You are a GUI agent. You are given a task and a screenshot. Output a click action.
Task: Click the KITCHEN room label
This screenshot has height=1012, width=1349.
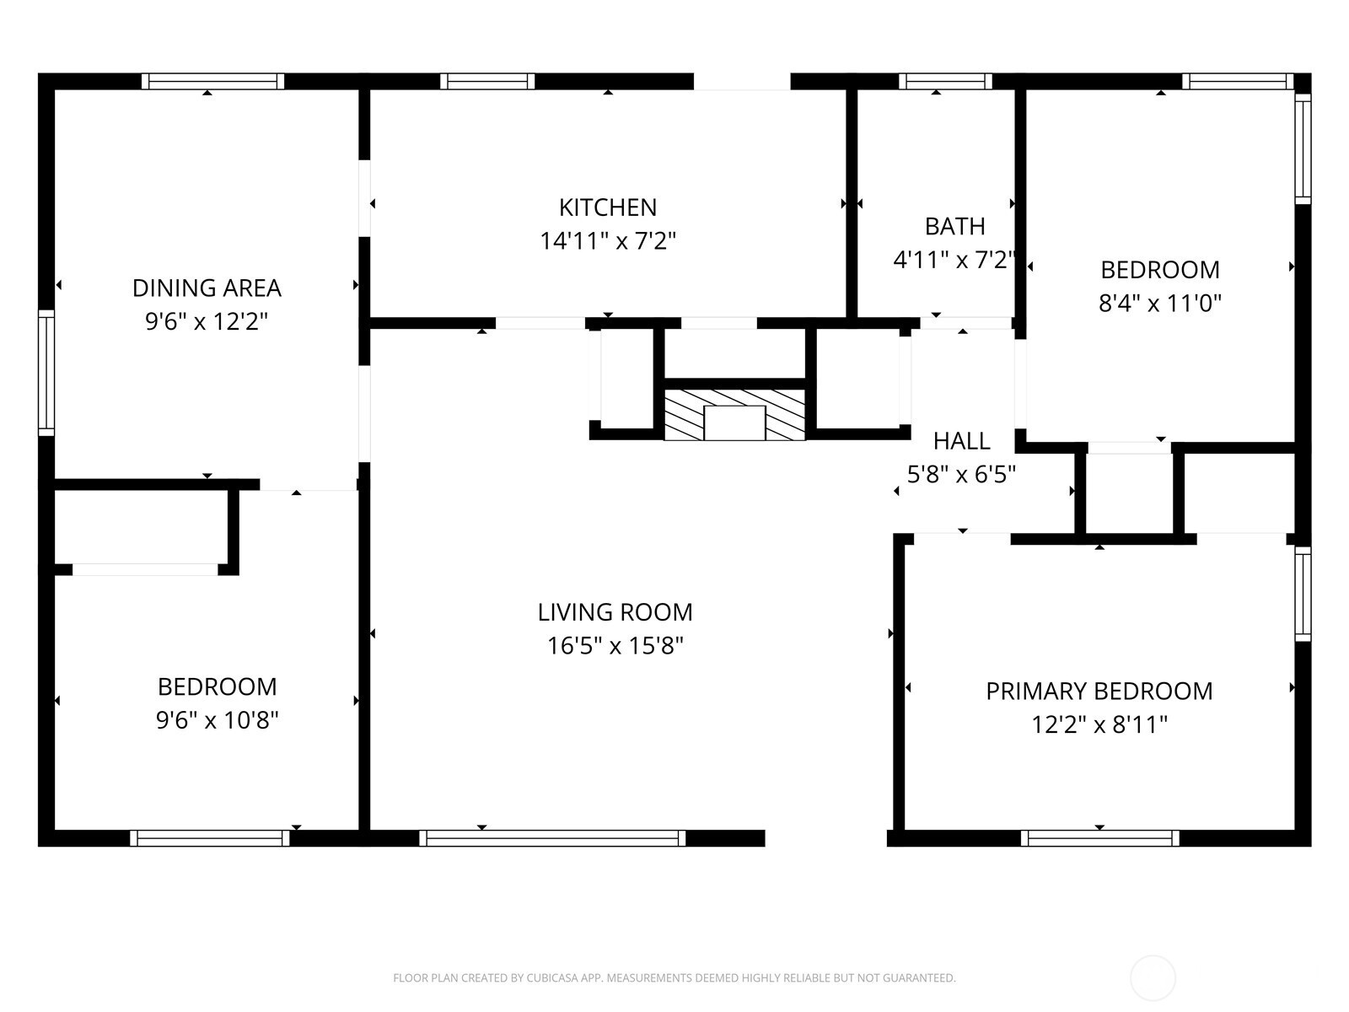607,207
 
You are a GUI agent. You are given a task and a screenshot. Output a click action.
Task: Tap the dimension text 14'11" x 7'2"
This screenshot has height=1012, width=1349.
607,241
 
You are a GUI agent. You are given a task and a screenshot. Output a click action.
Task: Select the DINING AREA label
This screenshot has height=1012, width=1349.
207,288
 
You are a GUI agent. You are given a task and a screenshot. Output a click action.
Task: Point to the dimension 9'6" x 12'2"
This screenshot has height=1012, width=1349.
207,321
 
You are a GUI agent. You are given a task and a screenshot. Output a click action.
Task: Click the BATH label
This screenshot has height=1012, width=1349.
954,227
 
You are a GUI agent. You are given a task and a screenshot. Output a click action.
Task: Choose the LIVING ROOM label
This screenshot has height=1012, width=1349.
615,612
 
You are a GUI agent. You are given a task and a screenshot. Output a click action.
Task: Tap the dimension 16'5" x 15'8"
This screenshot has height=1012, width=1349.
615,646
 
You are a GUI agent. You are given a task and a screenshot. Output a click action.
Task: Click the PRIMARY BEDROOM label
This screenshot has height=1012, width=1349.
1099,692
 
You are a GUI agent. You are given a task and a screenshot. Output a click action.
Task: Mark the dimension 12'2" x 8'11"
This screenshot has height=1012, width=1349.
1099,725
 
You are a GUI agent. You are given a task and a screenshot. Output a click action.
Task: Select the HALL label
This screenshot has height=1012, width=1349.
962,441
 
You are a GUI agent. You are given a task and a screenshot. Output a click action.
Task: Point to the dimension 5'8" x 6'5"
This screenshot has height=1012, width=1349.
962,474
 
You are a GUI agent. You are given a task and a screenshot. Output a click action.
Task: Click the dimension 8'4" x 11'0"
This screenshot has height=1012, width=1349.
1159,304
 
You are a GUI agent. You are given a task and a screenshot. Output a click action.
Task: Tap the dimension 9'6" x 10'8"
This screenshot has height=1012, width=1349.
217,720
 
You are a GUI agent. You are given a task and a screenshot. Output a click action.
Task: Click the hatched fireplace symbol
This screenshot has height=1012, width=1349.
734,415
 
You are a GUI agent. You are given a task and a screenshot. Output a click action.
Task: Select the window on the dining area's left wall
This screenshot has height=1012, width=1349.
46,373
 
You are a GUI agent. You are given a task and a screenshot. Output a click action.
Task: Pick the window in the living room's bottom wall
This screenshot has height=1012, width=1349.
552,838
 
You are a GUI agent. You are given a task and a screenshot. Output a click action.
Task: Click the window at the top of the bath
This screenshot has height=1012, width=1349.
945,81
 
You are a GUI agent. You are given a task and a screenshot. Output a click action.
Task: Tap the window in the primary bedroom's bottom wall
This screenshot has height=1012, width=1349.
1100,838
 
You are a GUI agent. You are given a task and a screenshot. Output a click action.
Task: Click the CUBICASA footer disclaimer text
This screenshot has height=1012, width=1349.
674,977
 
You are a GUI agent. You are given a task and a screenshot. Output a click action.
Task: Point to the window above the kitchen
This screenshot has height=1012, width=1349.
487,81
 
